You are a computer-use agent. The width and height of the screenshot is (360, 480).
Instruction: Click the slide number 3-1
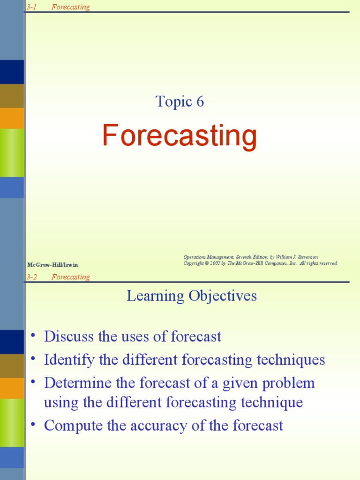31,7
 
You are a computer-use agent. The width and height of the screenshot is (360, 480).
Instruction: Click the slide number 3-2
31,277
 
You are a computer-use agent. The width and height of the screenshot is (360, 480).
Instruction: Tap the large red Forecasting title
180,135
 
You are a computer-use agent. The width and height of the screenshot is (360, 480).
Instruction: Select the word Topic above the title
167,102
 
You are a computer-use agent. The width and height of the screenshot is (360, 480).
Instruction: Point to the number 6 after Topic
200,102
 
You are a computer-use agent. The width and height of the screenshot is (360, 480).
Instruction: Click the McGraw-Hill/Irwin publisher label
52,265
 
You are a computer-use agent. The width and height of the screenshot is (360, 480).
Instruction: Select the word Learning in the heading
155,296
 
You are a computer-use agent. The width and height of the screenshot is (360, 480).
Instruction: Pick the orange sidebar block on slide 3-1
12,119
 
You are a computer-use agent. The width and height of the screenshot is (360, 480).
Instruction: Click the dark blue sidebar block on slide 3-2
12,342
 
